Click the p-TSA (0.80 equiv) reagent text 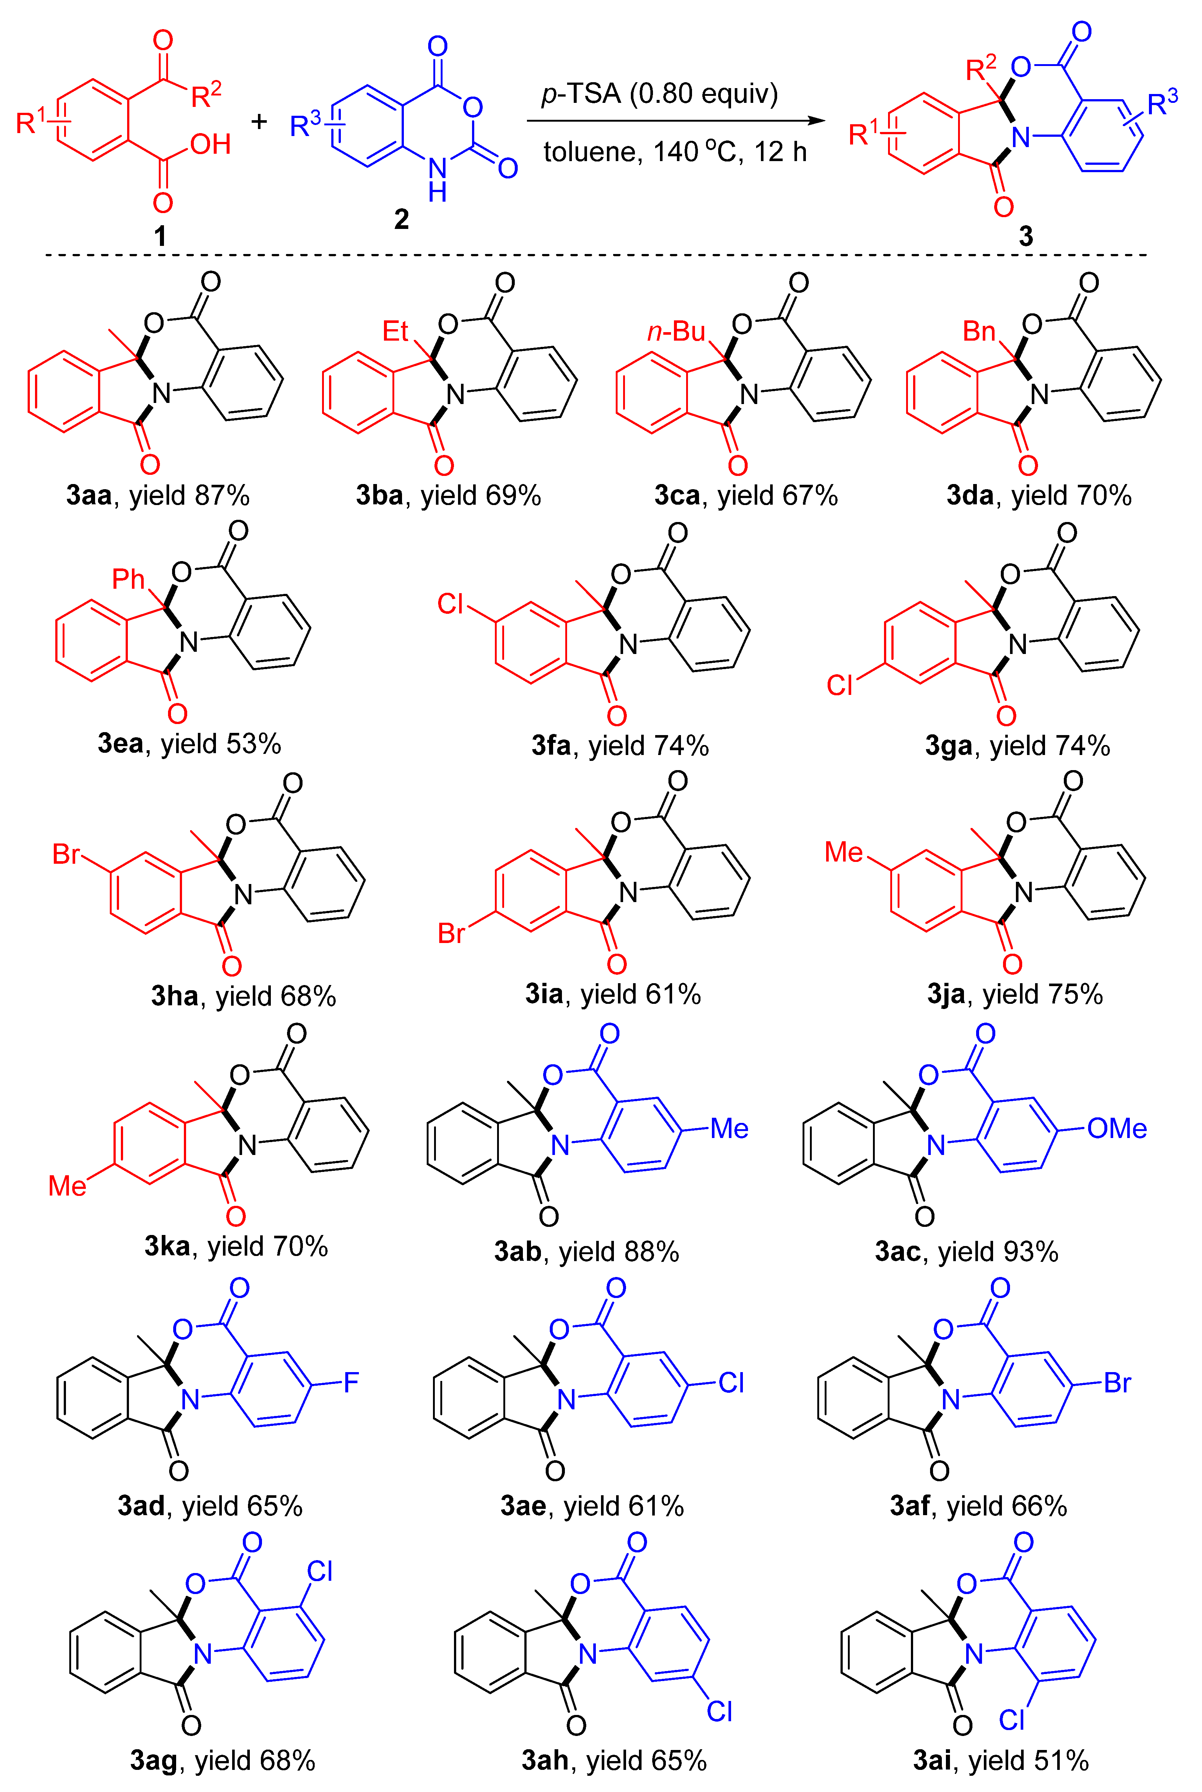click(659, 94)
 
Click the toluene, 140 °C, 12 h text click(675, 152)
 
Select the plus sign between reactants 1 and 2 click(259, 121)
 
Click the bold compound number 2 click(401, 219)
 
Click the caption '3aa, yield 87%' click(158, 495)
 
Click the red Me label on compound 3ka click(67, 1186)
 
